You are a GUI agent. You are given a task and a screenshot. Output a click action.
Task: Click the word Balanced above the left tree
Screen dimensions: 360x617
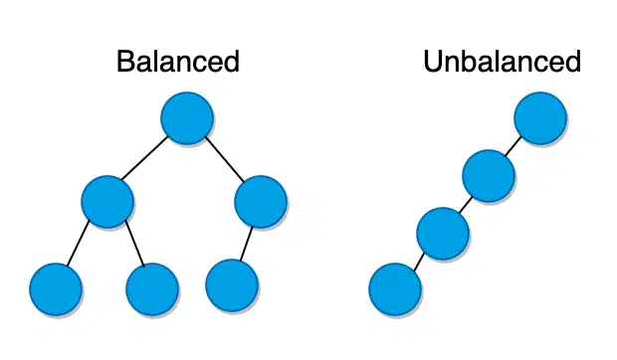coord(178,62)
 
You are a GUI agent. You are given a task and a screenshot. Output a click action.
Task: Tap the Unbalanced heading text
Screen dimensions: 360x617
coord(502,62)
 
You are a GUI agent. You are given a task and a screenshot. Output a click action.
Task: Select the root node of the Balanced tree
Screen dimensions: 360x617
coord(187,118)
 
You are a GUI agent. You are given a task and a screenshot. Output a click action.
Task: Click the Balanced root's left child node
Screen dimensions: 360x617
coord(107,201)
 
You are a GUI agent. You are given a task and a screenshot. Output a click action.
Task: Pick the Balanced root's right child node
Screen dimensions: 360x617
coord(261,201)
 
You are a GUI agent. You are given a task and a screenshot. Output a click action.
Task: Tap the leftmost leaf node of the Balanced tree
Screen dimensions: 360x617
coord(56,289)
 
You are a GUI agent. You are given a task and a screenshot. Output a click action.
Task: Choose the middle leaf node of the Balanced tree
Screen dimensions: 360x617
coord(152,289)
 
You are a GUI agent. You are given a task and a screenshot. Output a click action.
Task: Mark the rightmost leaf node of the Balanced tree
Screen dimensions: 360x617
coord(232,284)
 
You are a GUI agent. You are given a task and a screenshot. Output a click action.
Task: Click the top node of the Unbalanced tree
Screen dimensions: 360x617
coord(540,118)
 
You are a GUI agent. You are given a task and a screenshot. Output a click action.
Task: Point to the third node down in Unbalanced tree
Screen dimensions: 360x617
coord(443,234)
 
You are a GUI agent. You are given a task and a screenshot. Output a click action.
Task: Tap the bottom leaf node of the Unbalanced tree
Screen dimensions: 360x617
coord(395,289)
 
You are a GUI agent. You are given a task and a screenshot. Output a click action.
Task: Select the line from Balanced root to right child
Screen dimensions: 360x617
coord(224,159)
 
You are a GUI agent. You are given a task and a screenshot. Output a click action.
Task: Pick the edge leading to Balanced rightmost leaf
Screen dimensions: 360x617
coord(247,243)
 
